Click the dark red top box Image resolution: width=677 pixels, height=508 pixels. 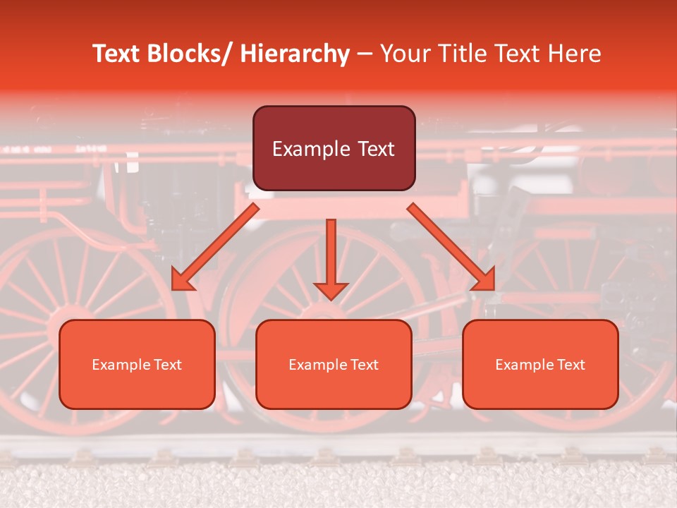click(x=334, y=148)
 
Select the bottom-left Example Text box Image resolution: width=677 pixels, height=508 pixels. click(x=137, y=364)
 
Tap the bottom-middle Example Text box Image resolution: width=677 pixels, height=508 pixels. click(x=334, y=364)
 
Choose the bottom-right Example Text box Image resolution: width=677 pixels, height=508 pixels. click(x=540, y=364)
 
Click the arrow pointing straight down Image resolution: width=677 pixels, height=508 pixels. click(x=331, y=258)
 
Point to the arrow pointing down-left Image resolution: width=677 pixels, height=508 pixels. click(x=215, y=247)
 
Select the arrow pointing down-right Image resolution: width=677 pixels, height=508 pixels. click(x=451, y=247)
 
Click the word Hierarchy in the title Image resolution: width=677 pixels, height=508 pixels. click(x=295, y=54)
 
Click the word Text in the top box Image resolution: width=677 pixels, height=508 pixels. click(x=376, y=149)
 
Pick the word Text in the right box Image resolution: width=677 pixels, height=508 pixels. click(x=570, y=365)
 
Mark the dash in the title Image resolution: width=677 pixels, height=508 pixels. click(x=365, y=54)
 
